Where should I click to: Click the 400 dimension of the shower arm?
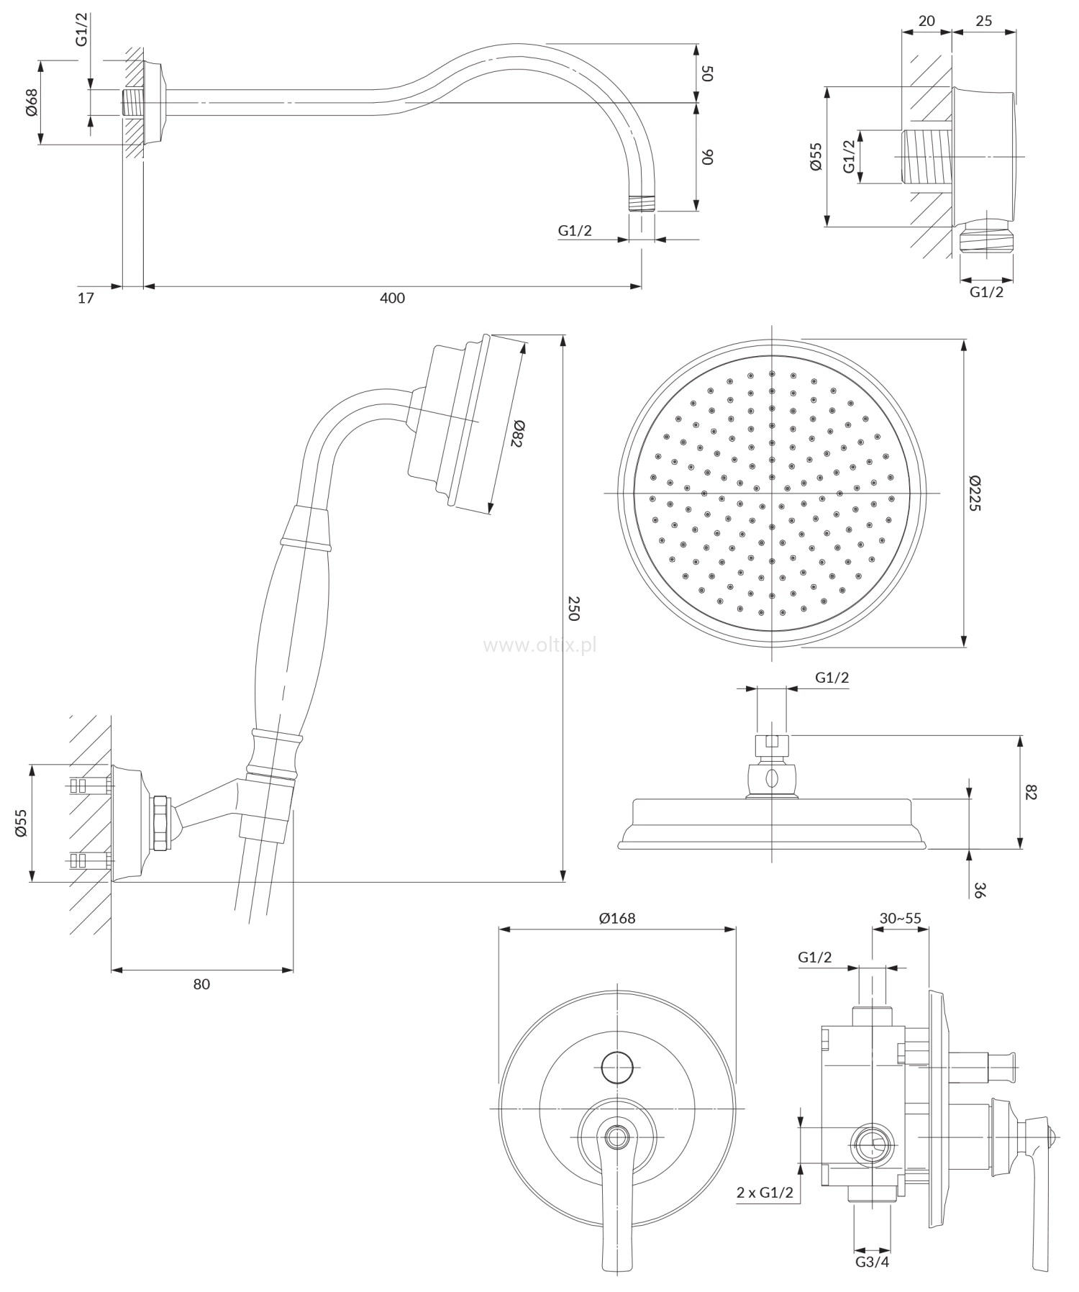pos(392,298)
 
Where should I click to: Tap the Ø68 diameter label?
pos(31,103)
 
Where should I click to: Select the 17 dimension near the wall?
pos(86,298)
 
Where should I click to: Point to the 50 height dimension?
pos(706,73)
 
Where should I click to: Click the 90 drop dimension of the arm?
pos(706,157)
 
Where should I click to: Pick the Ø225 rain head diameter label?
pos(975,493)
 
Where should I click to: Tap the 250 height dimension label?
pos(573,608)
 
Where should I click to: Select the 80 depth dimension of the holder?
pos(201,984)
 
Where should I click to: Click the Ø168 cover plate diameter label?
pos(617,918)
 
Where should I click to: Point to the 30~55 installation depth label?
pos(900,918)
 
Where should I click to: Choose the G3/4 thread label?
pos(872,1262)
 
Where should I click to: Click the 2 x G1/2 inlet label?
pos(764,1192)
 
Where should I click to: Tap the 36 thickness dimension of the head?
pos(980,890)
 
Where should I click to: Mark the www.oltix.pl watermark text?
pos(539,645)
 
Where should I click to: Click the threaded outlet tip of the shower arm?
pos(642,202)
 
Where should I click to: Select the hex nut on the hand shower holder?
pos(161,822)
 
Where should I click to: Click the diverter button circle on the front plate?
pos(617,1067)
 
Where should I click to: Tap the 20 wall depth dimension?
pos(927,21)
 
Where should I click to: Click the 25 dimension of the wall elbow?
pos(983,21)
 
